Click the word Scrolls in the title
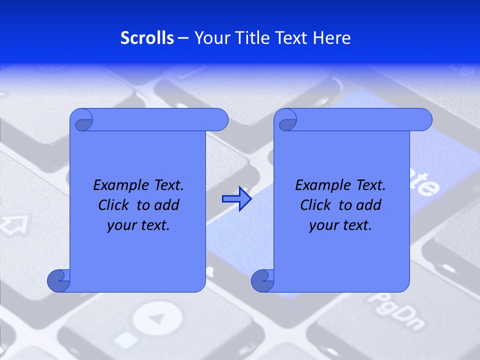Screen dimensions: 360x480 tap(147, 38)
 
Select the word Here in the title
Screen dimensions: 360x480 tap(332, 38)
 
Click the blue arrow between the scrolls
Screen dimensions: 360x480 tap(236, 199)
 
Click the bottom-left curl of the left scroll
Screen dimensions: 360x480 tap(58, 281)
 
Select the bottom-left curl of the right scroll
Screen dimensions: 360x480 tap(262, 281)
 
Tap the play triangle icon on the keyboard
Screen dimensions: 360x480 tap(156, 318)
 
